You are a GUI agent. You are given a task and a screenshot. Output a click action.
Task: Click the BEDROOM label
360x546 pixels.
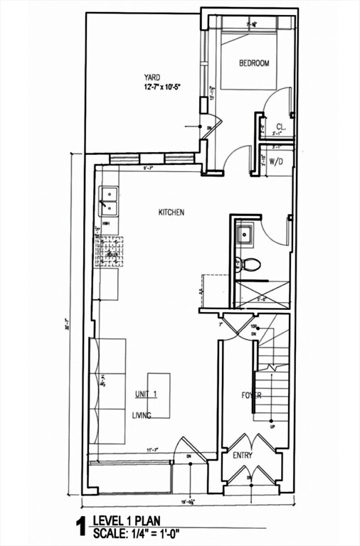point(254,63)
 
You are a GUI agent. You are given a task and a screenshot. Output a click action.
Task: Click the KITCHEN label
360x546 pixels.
point(171,212)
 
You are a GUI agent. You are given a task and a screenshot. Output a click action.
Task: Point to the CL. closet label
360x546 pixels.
point(281,127)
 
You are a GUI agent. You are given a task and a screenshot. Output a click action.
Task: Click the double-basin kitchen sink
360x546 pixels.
point(109,200)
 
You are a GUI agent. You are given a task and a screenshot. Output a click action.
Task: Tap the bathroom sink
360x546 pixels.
point(245,232)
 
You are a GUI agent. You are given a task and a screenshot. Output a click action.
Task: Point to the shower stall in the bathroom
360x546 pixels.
point(263,294)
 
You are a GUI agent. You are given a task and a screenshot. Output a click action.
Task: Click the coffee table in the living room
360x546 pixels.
point(159,395)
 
